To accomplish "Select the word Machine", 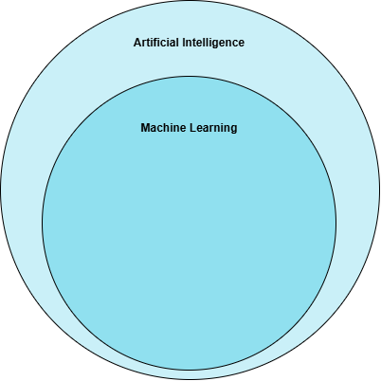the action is [163, 128].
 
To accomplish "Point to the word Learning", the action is [213, 129].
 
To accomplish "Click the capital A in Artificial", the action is [137, 43].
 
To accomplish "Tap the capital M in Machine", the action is [145, 128].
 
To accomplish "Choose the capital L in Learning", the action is [193, 128].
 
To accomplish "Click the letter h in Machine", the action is [170, 128].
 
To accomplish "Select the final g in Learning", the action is [234, 130].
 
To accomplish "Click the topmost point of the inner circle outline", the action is [189, 77].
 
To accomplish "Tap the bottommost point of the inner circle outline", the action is [189, 370].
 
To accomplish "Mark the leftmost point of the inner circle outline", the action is [43, 223].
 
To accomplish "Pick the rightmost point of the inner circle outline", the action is [336, 223].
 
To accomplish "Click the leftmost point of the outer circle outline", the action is [1, 190].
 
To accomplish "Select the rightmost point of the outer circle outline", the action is [380, 190].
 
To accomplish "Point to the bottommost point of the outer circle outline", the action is [190, 380].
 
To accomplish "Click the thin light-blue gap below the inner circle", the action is [190, 375].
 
